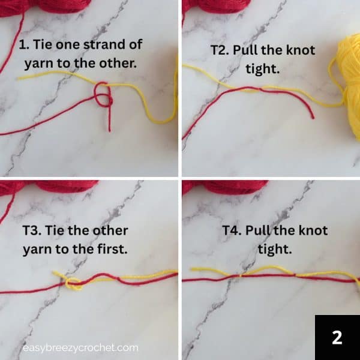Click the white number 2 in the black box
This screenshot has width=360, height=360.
point(337,337)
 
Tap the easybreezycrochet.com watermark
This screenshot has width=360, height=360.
point(80,347)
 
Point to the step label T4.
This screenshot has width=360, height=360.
point(232,230)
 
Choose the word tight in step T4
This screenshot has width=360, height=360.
point(274,248)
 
